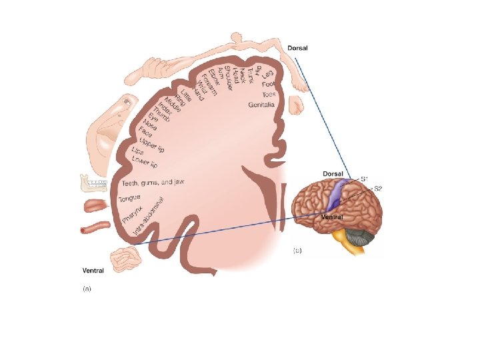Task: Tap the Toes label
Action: [269, 95]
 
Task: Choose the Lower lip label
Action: [144, 161]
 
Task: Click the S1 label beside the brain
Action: [365, 178]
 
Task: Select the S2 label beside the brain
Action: [377, 189]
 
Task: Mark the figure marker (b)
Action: [297, 251]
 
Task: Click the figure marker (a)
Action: [86, 289]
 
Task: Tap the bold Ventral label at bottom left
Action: [92, 271]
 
